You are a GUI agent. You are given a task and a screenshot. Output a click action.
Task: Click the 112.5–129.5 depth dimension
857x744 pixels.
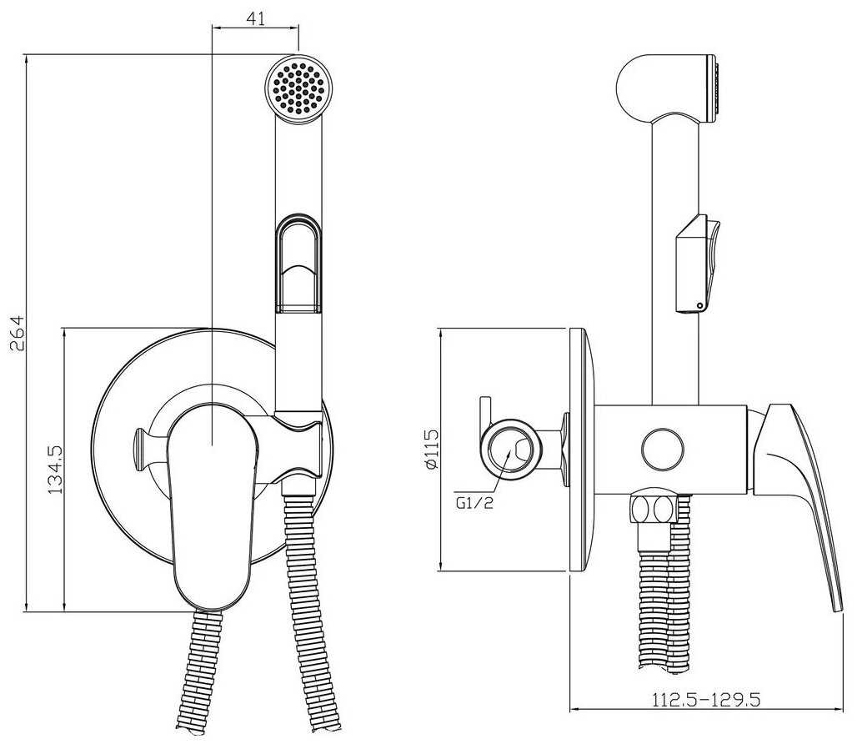706,699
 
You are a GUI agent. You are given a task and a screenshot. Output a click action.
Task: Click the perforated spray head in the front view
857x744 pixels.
299,88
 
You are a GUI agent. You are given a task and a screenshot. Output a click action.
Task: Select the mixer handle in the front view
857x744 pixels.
212,505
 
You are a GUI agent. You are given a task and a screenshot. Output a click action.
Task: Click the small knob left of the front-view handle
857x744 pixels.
140,449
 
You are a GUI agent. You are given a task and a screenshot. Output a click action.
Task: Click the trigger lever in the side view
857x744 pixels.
698,264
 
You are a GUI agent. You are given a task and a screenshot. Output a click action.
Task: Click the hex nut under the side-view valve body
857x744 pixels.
654,509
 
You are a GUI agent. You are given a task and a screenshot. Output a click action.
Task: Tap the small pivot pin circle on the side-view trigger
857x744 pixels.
699,305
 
